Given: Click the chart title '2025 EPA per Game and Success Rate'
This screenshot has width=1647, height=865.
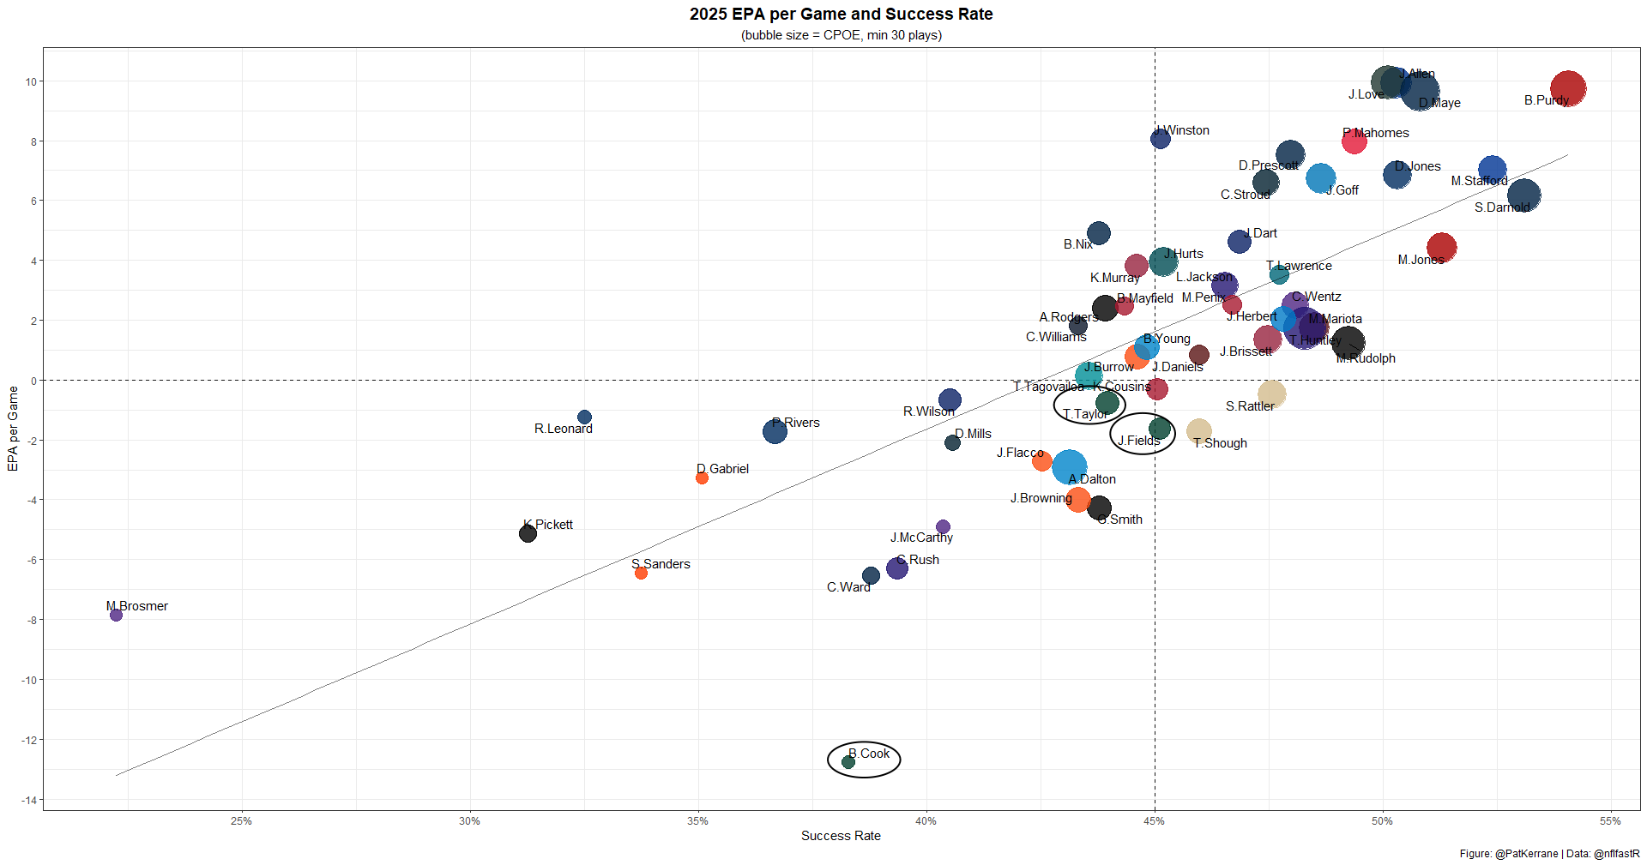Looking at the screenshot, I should coord(841,15).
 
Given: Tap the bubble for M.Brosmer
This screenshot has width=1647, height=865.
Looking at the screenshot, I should coord(117,616).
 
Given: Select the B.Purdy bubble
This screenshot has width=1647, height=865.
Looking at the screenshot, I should coord(1567,88).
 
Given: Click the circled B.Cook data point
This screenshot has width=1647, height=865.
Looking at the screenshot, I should coord(848,762).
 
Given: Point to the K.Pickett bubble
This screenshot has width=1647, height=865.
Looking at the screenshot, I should coord(528,534).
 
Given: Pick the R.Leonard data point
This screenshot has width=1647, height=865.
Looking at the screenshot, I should coord(584,417).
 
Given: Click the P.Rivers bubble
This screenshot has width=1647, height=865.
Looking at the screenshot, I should coord(775,431).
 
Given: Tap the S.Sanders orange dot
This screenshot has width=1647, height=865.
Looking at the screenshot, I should coord(641,573).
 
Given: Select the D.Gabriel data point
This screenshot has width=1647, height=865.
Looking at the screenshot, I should coord(702,478).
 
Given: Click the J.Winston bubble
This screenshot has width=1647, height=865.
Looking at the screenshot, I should coord(1160,139).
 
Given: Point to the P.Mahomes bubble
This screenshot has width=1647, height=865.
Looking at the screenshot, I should coord(1354,141).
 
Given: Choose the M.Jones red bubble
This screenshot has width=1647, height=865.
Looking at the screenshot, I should coord(1441,248).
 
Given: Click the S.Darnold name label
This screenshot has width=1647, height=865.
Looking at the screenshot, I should coord(1502,207).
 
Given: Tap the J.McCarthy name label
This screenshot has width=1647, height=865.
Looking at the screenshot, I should coord(921,538).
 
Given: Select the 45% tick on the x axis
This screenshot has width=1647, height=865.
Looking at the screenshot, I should coord(1155,821).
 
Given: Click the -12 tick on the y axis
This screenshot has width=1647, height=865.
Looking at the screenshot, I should coord(31,740).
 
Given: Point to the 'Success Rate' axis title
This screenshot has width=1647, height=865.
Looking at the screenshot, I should coord(841,836).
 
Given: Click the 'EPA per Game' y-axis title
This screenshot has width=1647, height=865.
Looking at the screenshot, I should coord(13,429).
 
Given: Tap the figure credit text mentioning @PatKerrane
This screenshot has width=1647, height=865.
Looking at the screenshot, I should coord(1549,854).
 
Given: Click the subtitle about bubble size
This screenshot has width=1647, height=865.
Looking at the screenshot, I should coord(841,35).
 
